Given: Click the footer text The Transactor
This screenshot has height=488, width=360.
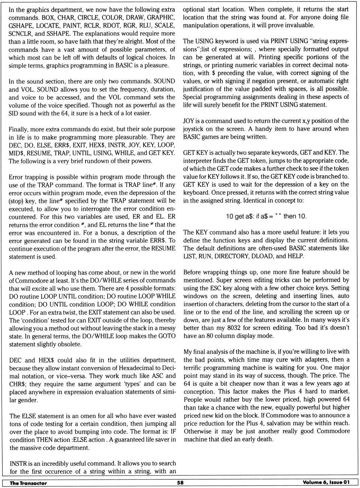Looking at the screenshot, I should (x=28, y=483).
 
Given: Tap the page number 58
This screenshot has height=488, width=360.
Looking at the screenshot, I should (x=180, y=483).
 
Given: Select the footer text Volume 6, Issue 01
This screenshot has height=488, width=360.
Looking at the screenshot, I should (x=326, y=482).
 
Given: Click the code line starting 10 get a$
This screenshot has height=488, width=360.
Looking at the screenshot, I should (x=266, y=216).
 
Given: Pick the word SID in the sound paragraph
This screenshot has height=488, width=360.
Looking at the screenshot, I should (x=14, y=113).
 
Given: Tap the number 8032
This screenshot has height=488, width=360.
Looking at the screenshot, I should (x=233, y=328).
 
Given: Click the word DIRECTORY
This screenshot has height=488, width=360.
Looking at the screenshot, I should (x=234, y=256).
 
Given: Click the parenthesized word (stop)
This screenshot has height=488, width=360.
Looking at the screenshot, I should (x=16, y=201).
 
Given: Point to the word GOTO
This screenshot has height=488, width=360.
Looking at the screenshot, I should (x=167, y=336).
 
